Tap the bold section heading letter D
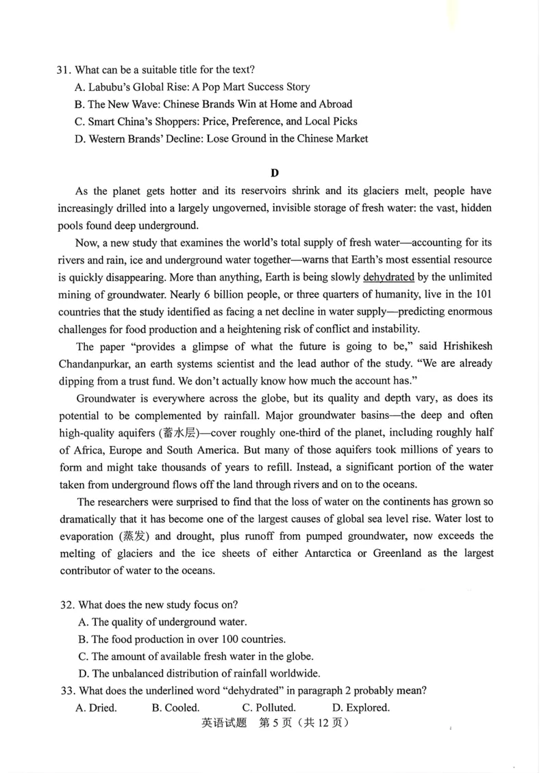point(275,173)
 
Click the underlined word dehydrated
point(388,277)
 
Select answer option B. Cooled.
point(175,707)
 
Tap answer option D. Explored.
point(360,707)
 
